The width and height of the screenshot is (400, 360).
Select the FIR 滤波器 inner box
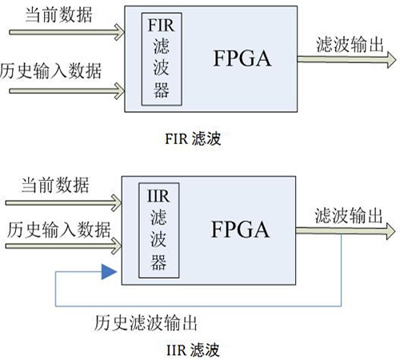(x=161, y=58)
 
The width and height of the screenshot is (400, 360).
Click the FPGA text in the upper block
(x=242, y=58)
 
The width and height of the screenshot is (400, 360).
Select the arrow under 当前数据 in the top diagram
(x=67, y=33)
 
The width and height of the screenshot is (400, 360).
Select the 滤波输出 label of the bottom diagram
(x=347, y=215)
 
